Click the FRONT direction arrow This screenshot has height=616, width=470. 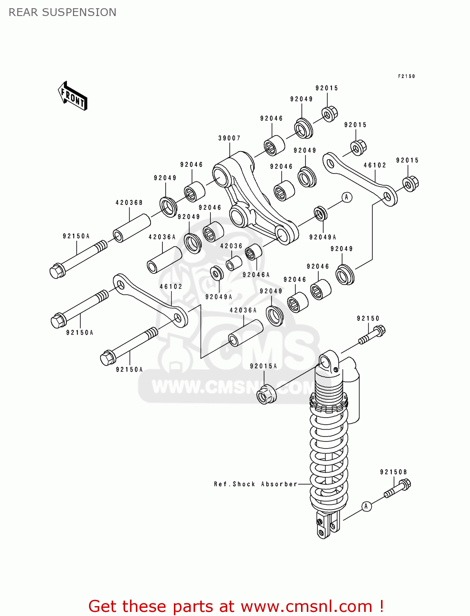click(x=73, y=96)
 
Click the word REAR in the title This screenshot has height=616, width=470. click(x=23, y=12)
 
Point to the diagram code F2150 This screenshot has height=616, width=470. click(x=406, y=76)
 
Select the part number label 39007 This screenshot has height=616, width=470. click(x=229, y=138)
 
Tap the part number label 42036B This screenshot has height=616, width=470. click(x=129, y=203)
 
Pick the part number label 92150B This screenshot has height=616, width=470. click(x=393, y=472)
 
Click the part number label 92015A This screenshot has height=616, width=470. click(x=263, y=366)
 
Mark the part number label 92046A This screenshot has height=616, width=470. click(x=256, y=275)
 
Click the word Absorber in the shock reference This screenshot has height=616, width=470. click(x=279, y=484)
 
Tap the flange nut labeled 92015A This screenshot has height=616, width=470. click(x=266, y=394)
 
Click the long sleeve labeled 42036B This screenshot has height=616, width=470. click(x=132, y=228)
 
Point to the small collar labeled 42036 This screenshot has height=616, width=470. click(x=234, y=263)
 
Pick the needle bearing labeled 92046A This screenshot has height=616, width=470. click(x=253, y=252)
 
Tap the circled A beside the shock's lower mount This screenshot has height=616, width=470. click(x=366, y=506)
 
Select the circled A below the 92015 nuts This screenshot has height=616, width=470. click(x=347, y=198)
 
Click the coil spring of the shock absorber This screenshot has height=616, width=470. click(x=329, y=452)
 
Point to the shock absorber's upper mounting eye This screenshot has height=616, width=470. click(x=325, y=363)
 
